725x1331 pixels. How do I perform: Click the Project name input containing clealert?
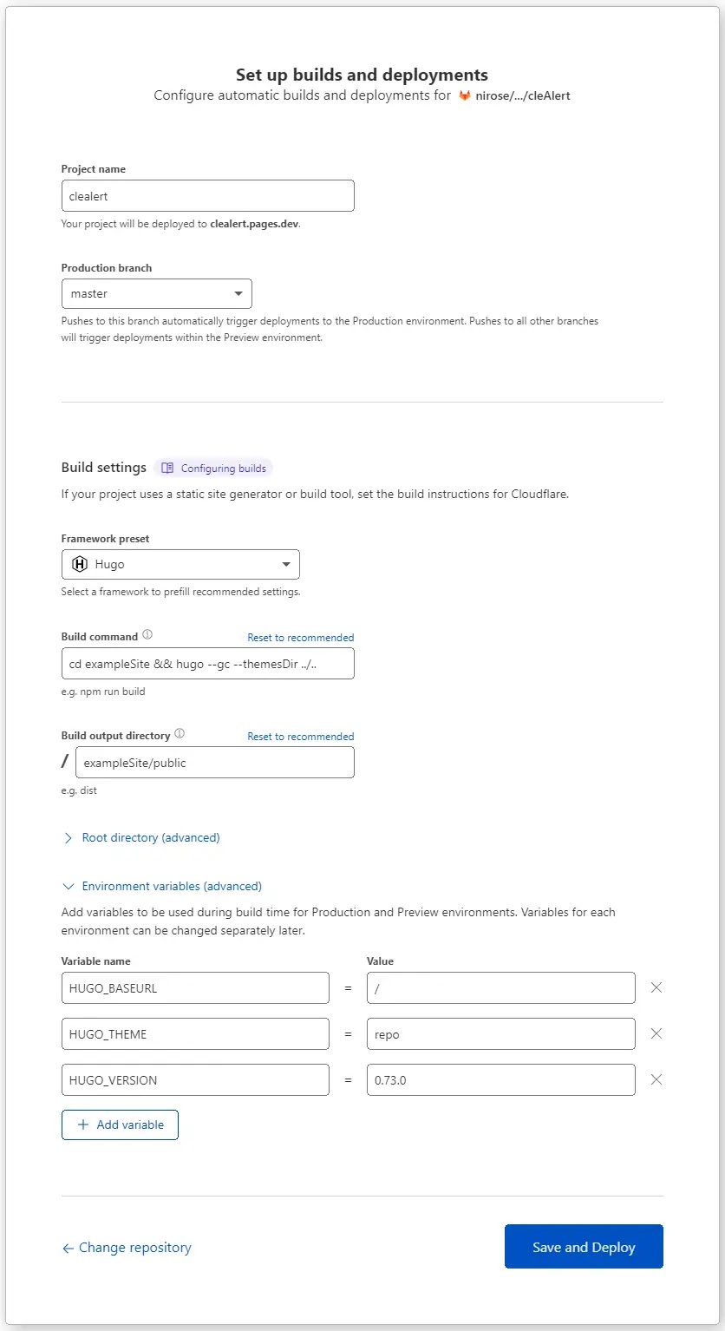[207, 196]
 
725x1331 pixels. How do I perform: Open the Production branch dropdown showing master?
[156, 294]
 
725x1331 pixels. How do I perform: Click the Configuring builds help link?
[214, 469]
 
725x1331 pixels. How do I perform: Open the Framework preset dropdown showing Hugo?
[180, 565]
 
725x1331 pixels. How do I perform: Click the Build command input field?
[207, 664]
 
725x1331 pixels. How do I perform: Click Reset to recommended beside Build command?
[300, 638]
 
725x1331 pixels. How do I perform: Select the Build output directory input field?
[214, 763]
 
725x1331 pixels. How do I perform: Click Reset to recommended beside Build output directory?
[300, 737]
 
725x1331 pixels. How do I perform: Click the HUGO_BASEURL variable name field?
[195, 988]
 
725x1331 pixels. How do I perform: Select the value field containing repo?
[500, 1034]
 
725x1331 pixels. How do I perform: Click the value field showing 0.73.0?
[500, 1080]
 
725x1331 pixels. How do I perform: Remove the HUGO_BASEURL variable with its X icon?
[656, 987]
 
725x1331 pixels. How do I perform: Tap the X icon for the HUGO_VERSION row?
[656, 1079]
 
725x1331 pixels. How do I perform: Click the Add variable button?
[120, 1124]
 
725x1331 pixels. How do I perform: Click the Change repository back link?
[127, 1248]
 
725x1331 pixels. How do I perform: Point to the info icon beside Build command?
[147, 635]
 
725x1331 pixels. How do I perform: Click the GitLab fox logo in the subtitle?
[465, 95]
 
